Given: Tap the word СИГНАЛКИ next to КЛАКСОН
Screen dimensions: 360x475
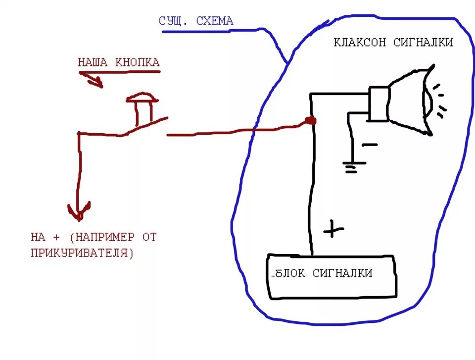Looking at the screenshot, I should point(423,43).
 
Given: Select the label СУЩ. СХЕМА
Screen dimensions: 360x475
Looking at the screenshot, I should point(196,21).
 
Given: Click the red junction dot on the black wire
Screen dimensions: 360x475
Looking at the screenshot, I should point(311,120).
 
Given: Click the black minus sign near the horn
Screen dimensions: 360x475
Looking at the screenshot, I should point(369,145).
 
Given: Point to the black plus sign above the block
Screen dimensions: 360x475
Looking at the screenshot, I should point(333,229).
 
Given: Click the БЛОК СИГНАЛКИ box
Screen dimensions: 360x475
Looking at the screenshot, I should point(332,277).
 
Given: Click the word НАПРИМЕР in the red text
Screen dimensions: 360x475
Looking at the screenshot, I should point(104,237).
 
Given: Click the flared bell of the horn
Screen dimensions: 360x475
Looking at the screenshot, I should point(411,102).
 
